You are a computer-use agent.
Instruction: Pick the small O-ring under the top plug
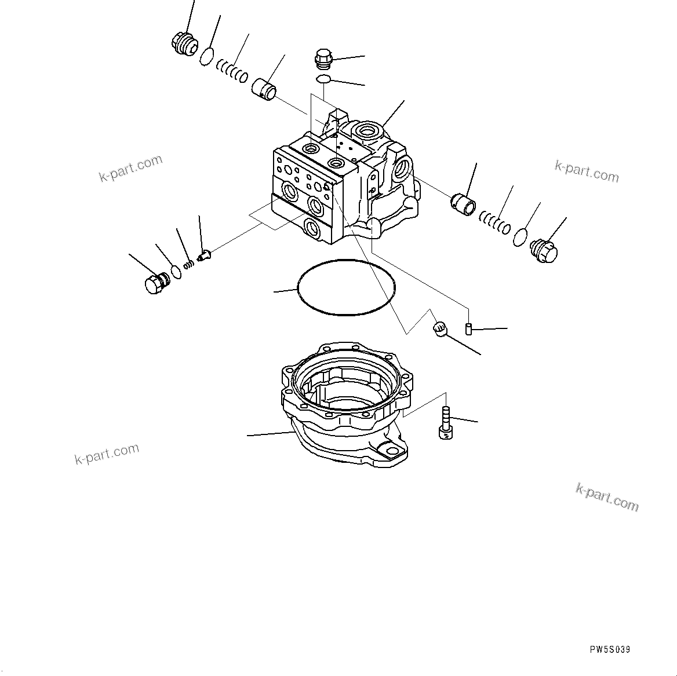[323, 79]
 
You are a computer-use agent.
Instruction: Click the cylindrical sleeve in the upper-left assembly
[265, 87]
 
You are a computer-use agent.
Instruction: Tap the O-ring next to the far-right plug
[521, 236]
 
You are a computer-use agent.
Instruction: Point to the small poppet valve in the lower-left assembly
[205, 254]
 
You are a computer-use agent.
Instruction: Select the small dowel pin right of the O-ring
[468, 329]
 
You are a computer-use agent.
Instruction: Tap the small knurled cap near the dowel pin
[439, 329]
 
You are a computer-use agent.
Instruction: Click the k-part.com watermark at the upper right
[587, 171]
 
